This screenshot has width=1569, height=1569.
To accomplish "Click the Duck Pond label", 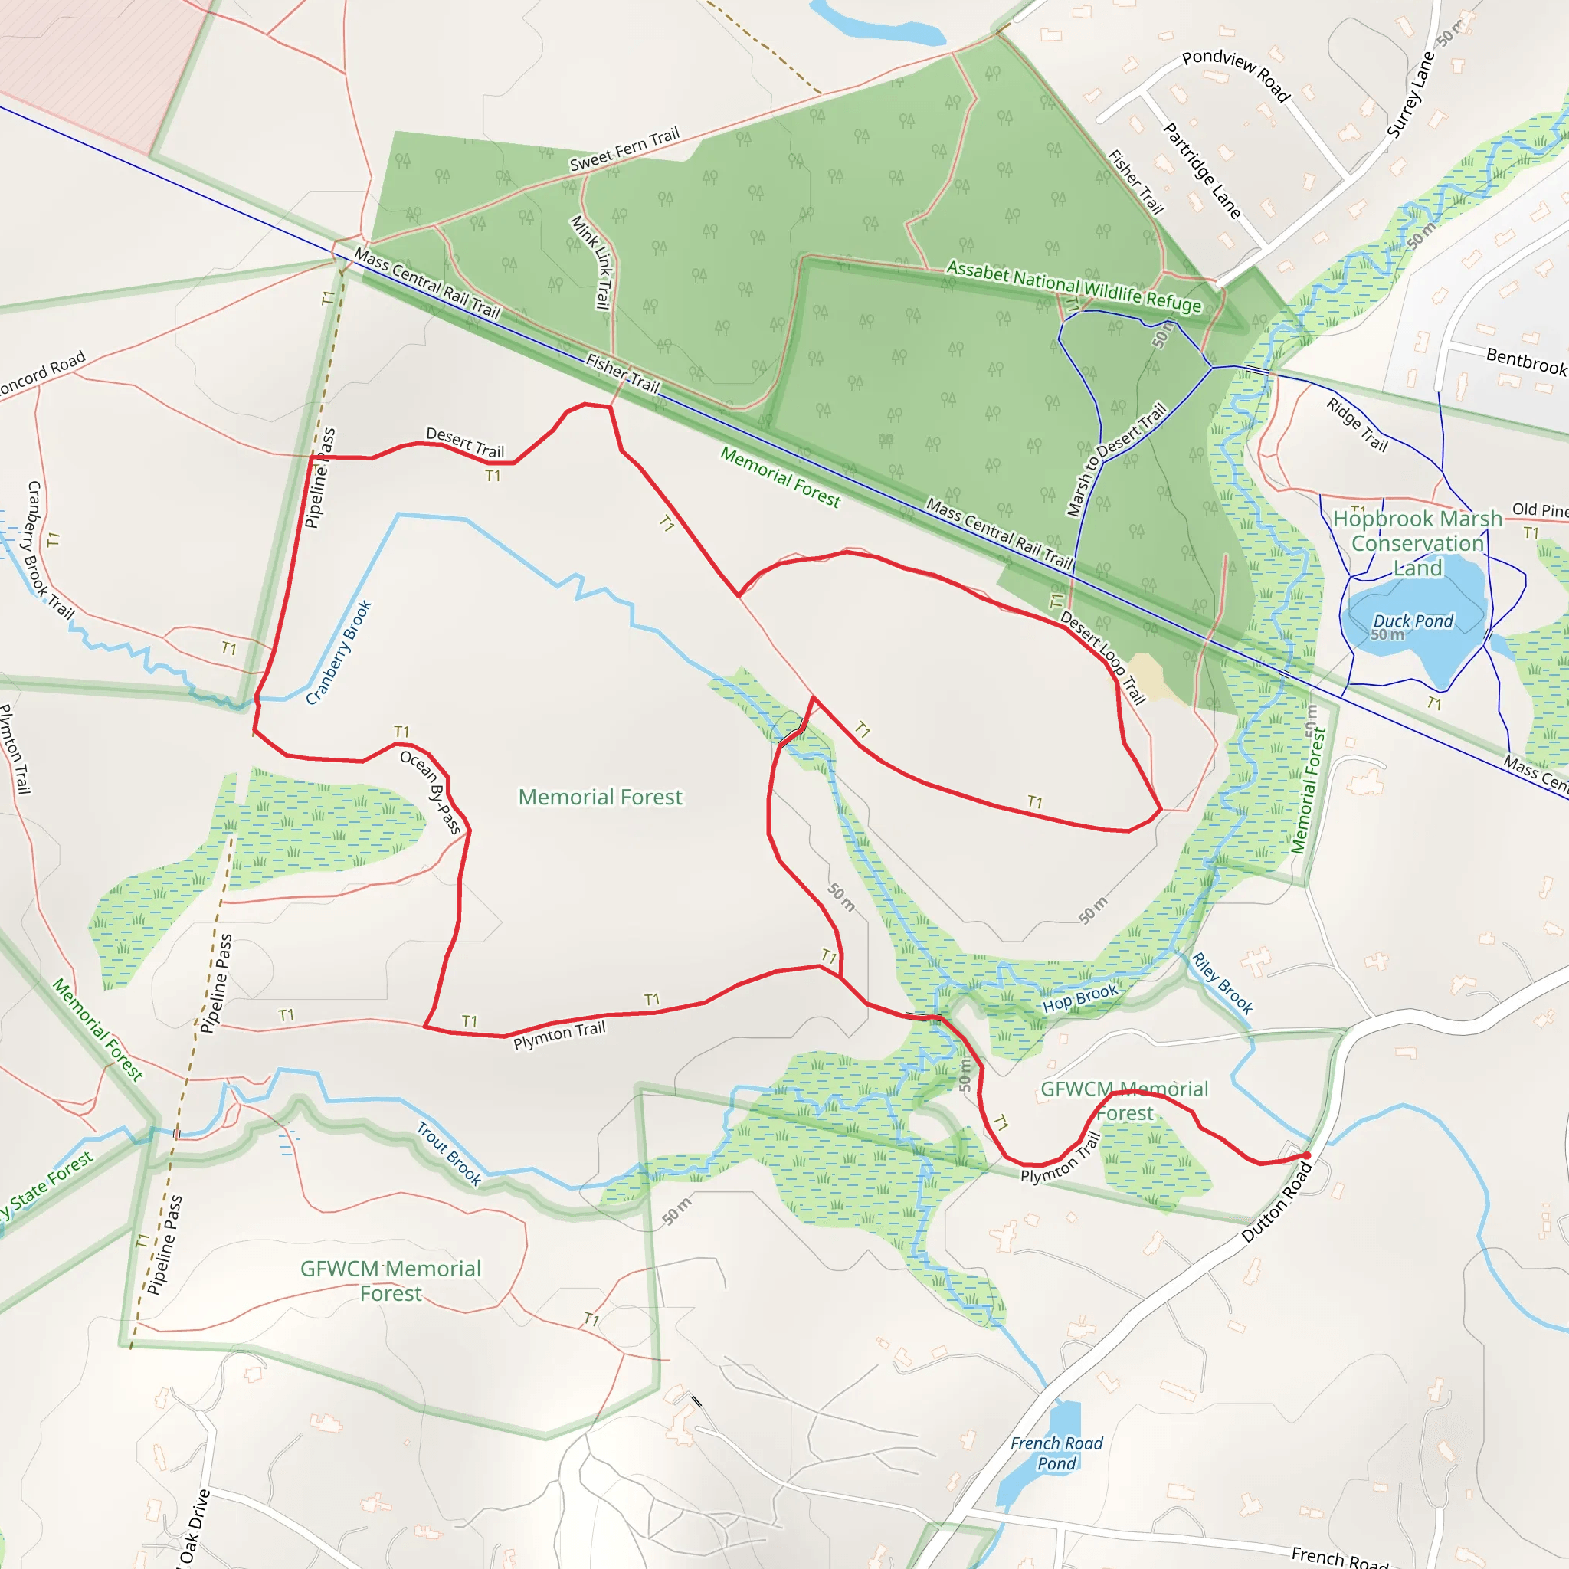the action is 1412,621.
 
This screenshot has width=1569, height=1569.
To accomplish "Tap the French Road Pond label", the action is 1056,1453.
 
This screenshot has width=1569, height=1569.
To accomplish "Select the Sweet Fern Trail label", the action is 624,149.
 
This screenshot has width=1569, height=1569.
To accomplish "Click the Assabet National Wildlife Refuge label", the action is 1073,286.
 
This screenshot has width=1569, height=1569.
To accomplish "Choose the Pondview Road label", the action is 1235,75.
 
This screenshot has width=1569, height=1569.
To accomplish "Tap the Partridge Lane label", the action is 1201,171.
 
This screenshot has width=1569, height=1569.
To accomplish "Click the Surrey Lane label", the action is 1410,95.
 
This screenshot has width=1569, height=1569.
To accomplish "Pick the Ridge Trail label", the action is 1357,424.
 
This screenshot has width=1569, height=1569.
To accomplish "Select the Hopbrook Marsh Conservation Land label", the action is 1417,542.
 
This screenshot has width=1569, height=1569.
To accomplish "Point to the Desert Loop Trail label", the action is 1103,658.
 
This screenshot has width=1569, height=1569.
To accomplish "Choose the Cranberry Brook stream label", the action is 339,652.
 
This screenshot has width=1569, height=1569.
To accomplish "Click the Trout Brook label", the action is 449,1153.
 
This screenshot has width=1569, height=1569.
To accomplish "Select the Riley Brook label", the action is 1222,983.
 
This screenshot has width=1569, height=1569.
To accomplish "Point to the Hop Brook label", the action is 1080,998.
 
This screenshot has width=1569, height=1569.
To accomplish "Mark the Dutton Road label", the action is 1276,1203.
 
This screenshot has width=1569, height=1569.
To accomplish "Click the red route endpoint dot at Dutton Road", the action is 1307,1155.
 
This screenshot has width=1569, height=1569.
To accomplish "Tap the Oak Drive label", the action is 195,1526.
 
